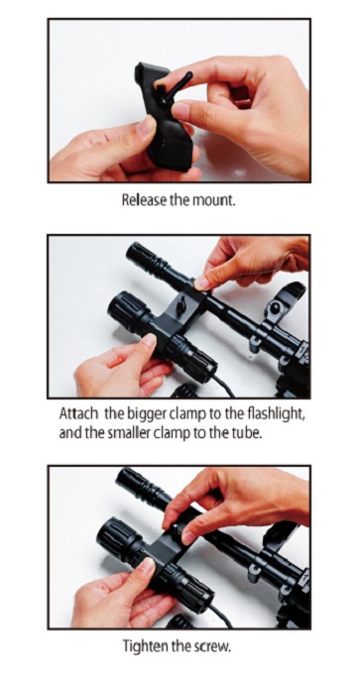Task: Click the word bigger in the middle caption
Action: click(x=147, y=416)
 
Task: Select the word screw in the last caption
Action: click(x=211, y=647)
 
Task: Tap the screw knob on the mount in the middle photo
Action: click(x=181, y=304)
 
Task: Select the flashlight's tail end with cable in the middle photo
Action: click(x=196, y=360)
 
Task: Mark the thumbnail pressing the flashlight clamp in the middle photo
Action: click(x=150, y=340)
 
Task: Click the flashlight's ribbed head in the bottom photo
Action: click(x=116, y=537)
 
